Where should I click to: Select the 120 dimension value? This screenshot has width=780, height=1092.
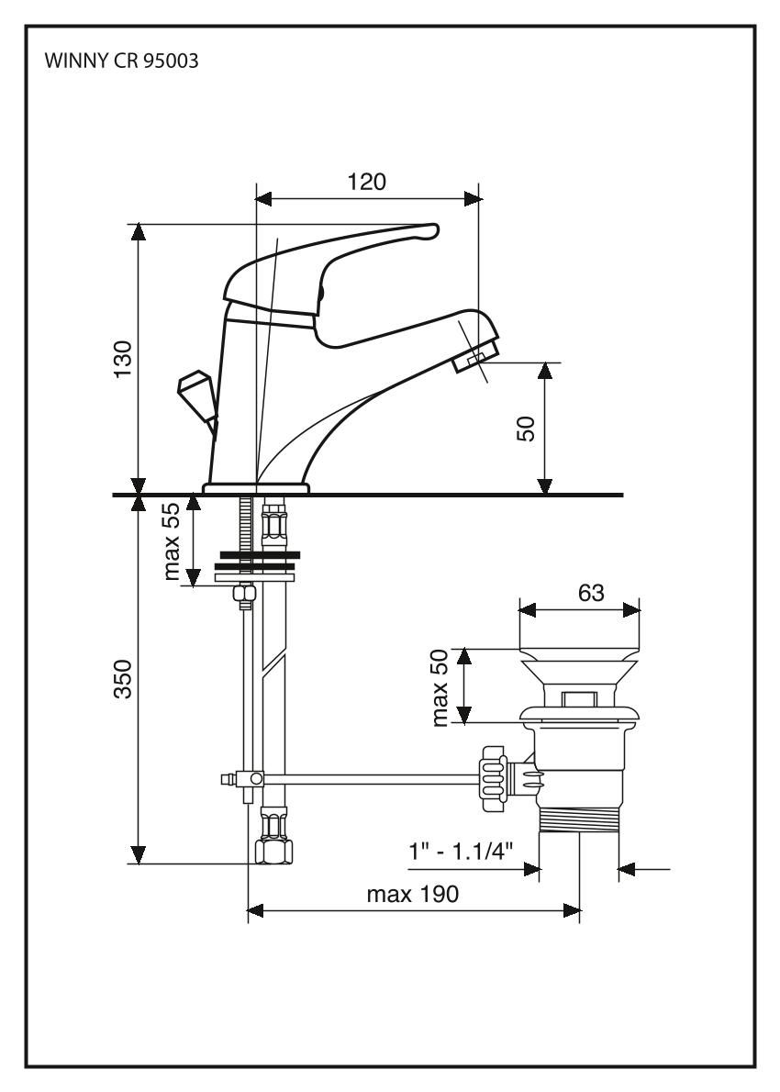point(366,181)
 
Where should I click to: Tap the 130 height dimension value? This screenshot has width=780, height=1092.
point(123,358)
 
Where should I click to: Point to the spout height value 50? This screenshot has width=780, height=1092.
point(526,428)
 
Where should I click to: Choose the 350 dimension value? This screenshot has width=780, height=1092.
point(123,679)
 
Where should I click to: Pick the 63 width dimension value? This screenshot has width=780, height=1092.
point(590,593)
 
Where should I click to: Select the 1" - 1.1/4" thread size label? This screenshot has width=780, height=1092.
point(466,852)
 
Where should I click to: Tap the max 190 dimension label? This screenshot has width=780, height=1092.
point(413,894)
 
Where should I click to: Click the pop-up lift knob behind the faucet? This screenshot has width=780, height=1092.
point(195,390)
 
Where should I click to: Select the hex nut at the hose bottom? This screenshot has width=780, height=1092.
point(273,852)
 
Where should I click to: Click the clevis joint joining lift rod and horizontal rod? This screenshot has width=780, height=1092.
point(249,780)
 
